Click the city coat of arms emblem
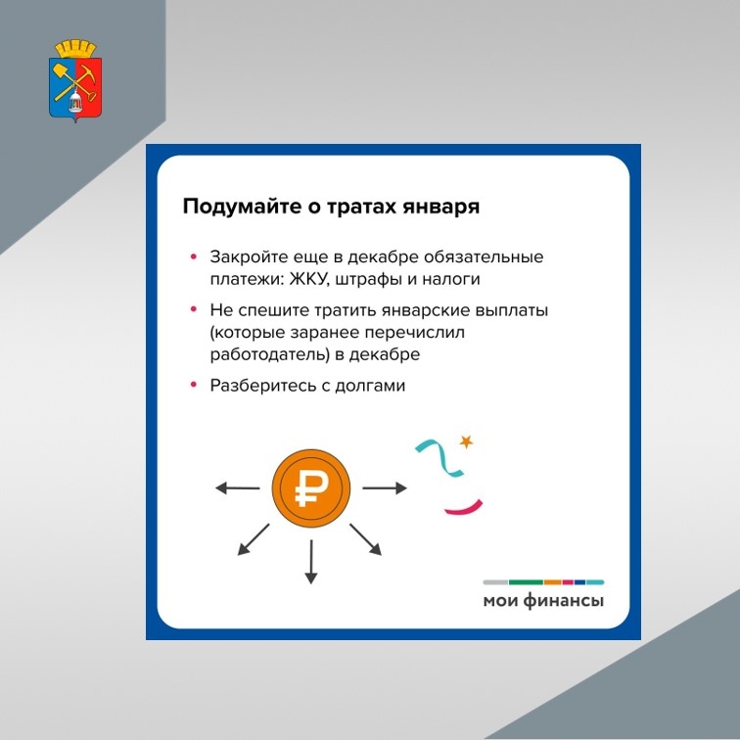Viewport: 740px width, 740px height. (x=75, y=80)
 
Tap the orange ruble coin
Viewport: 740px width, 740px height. (x=311, y=488)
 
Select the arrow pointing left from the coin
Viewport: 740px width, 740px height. (x=238, y=488)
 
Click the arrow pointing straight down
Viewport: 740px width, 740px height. (x=311, y=562)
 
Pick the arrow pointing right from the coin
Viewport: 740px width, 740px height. (x=384, y=488)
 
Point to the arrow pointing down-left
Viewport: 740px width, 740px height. (x=253, y=539)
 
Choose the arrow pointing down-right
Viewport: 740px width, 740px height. (x=366, y=539)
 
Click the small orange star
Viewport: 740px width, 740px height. (x=466, y=441)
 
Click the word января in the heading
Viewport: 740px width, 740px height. (x=440, y=208)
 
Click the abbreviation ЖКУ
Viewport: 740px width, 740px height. (x=308, y=279)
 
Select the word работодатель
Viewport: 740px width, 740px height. (x=267, y=354)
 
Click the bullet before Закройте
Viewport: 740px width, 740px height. (x=194, y=256)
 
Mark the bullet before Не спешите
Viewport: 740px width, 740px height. (x=194, y=309)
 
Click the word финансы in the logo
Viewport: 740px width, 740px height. (x=564, y=601)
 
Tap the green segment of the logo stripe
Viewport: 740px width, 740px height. (x=526, y=581)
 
